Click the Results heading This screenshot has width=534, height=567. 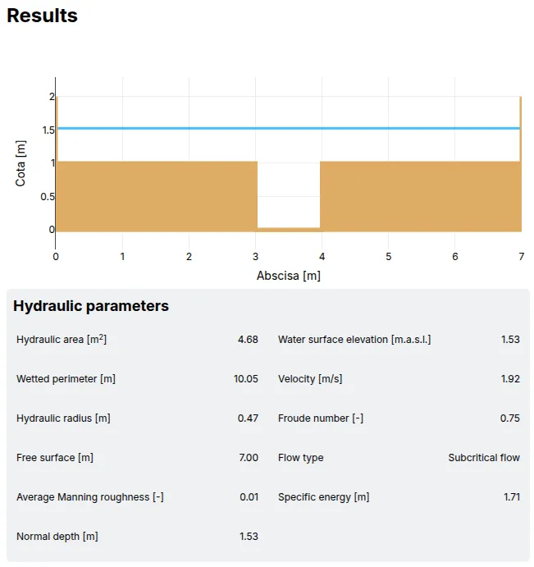[x=42, y=16]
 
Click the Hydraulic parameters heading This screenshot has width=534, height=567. [x=91, y=306]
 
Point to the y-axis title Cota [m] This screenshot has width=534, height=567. [x=21, y=162]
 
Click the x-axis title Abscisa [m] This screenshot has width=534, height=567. [x=289, y=276]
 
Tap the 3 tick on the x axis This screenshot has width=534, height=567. [x=256, y=257]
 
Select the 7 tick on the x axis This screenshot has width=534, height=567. [x=521, y=257]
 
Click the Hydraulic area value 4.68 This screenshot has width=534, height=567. [x=248, y=340]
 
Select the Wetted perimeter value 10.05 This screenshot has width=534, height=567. [x=246, y=379]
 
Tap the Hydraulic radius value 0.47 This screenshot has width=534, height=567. [x=248, y=418]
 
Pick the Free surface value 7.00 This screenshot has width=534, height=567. [x=248, y=458]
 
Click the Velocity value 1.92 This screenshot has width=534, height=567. [x=509, y=379]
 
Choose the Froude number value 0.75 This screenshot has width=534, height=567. [x=509, y=418]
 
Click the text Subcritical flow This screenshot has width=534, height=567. [x=484, y=458]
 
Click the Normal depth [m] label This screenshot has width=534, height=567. [x=57, y=537]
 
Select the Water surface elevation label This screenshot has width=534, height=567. [x=354, y=340]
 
